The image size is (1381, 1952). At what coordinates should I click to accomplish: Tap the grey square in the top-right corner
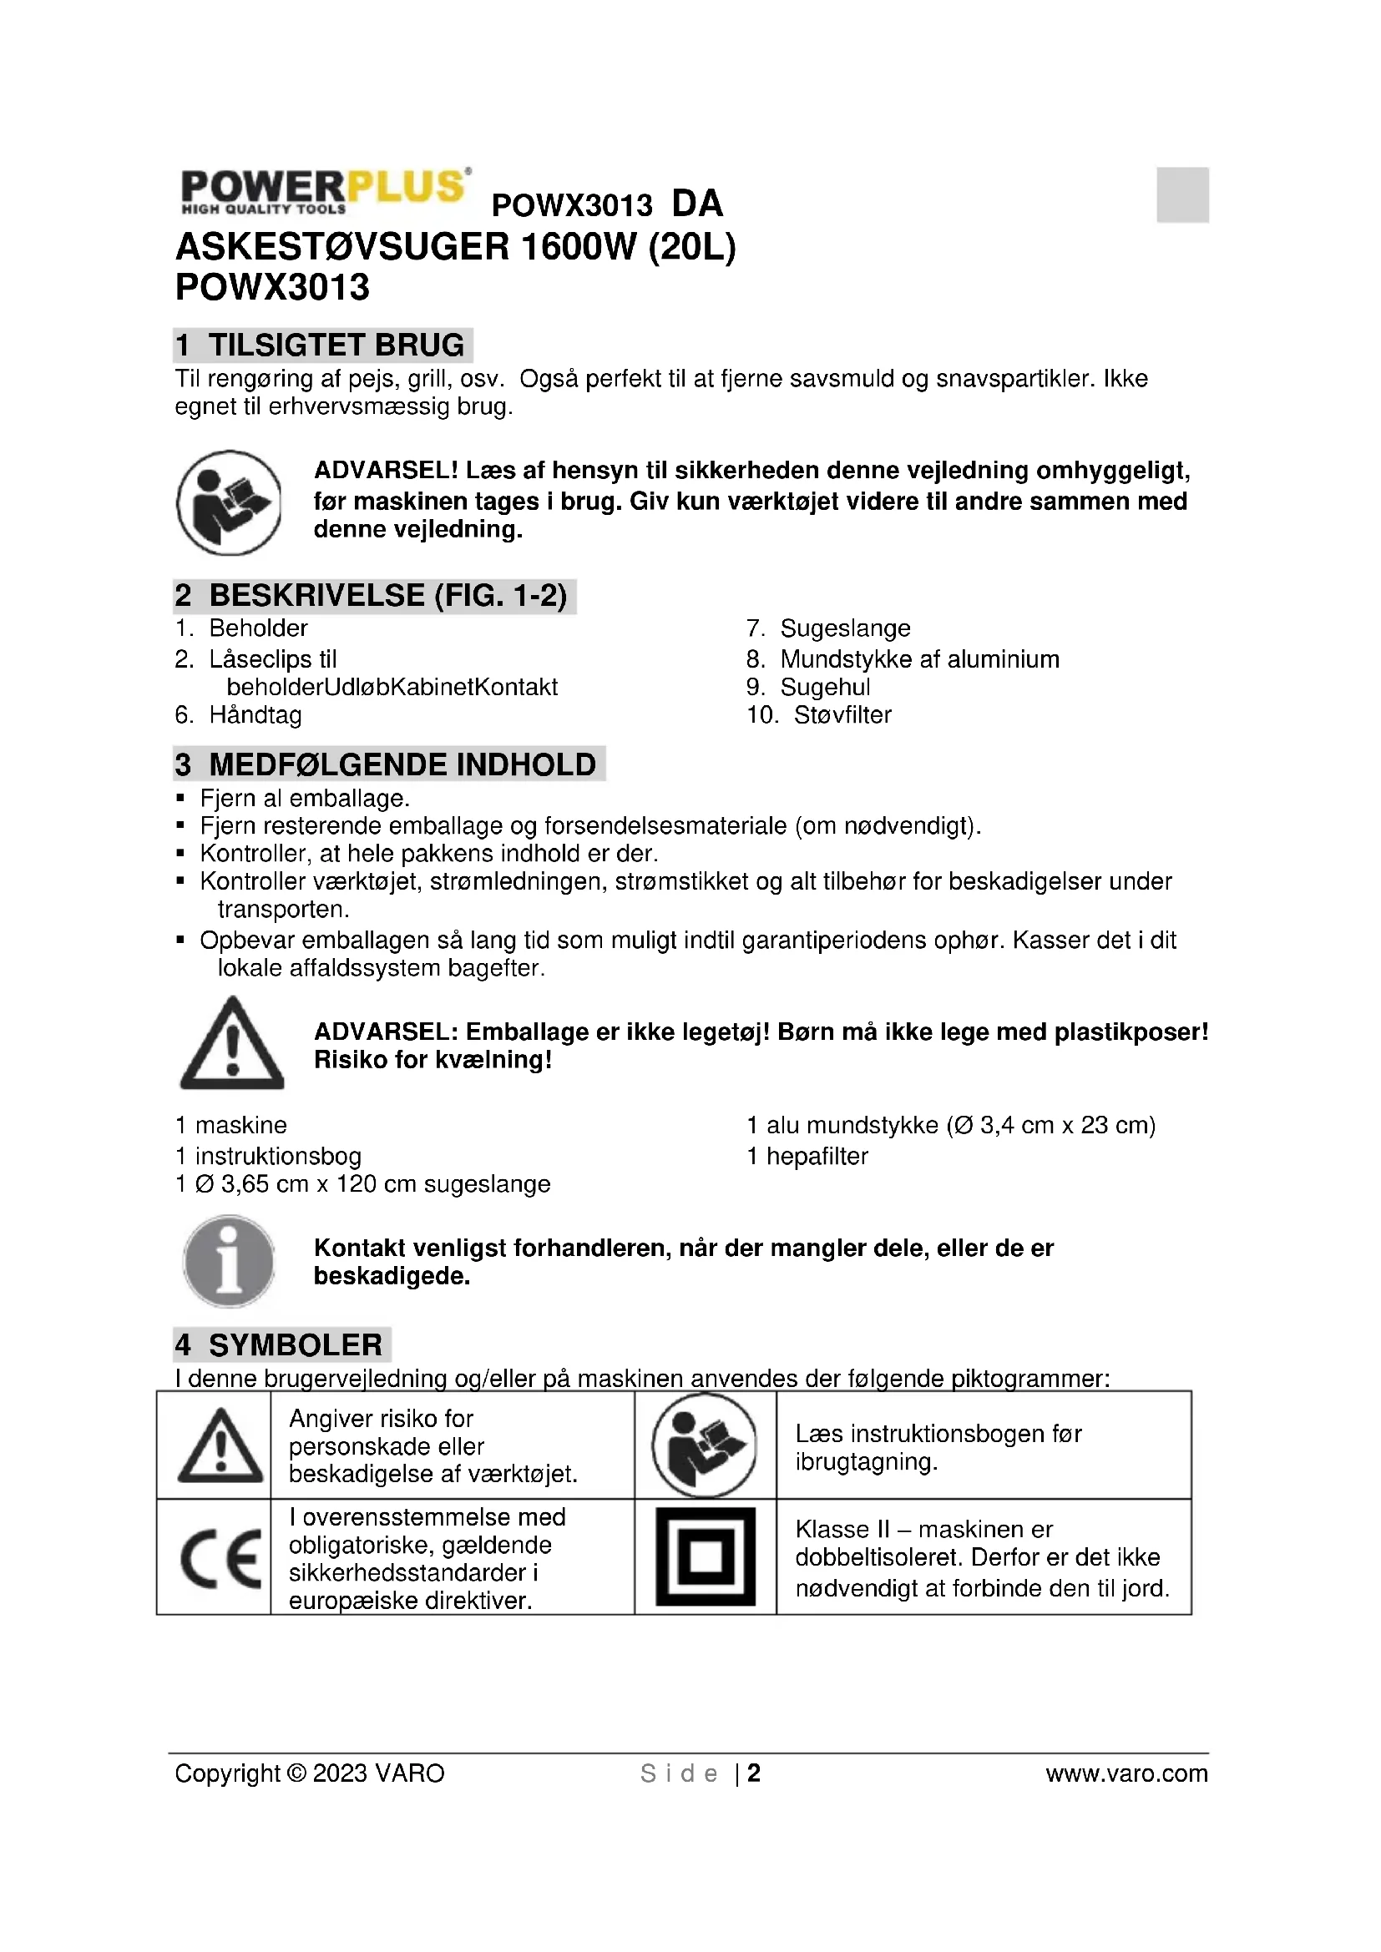click(1182, 194)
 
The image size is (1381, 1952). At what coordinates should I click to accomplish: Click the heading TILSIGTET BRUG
click(336, 346)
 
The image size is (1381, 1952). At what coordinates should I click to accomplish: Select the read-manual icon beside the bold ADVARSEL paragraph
click(229, 502)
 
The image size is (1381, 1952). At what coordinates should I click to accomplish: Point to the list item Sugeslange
click(844, 628)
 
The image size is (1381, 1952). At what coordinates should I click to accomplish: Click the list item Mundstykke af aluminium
click(919, 659)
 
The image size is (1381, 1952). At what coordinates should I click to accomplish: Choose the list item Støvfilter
click(842, 715)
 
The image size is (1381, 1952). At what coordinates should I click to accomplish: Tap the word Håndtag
click(255, 715)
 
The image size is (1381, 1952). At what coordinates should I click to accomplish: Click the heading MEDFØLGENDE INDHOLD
click(402, 764)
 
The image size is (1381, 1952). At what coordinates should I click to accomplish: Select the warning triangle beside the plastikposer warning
click(232, 1045)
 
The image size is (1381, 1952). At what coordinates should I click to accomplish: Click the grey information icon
click(229, 1262)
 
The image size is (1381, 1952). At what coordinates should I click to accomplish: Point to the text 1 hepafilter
click(807, 1156)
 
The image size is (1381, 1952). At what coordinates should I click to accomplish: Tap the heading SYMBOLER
click(295, 1345)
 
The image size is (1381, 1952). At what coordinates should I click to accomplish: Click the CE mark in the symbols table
click(220, 1559)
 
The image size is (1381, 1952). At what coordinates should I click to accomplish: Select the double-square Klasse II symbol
click(705, 1557)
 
